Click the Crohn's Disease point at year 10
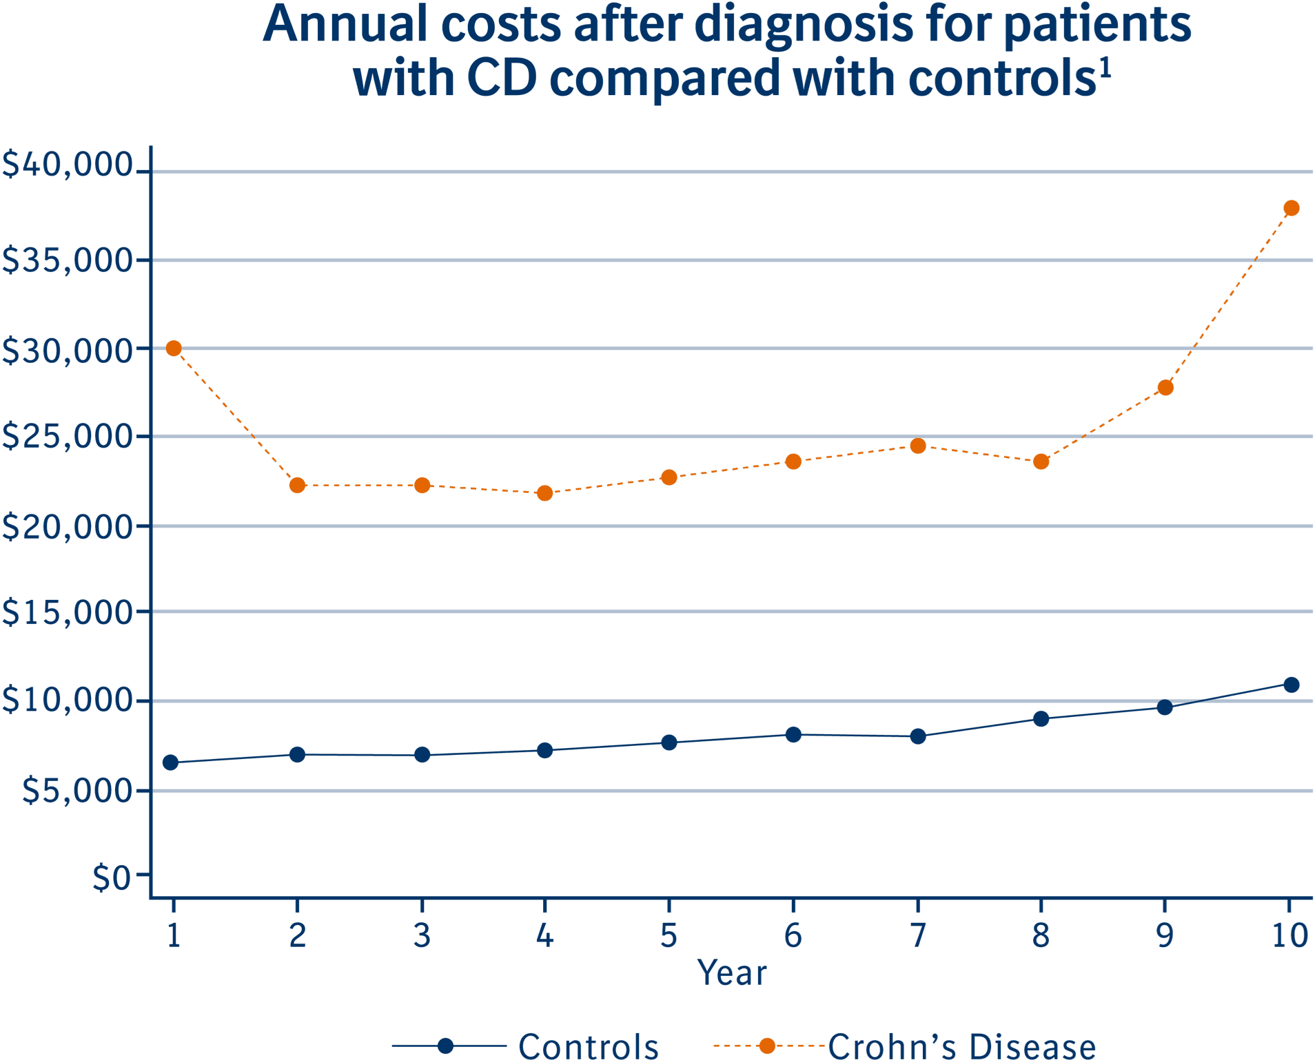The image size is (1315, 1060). (1292, 208)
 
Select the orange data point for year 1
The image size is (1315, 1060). (174, 349)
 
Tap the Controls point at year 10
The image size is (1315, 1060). (1292, 685)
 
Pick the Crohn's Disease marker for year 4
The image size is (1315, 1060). (545, 493)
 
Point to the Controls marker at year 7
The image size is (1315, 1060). (917, 736)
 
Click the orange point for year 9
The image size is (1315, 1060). (1165, 388)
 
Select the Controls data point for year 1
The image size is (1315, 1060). (170, 762)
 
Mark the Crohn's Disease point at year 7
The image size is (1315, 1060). (917, 446)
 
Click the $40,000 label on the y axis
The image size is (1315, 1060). (67, 165)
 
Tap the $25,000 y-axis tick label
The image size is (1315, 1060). (67, 436)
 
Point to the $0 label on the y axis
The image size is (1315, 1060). (111, 878)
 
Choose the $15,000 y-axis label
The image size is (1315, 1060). (67, 612)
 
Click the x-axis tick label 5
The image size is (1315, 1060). (669, 936)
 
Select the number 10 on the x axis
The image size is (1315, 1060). (1289, 936)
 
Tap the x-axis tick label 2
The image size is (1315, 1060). (297, 936)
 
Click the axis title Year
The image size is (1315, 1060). (731, 973)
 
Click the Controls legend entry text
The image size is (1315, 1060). (588, 1046)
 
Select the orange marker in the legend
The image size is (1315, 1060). (766, 1046)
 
